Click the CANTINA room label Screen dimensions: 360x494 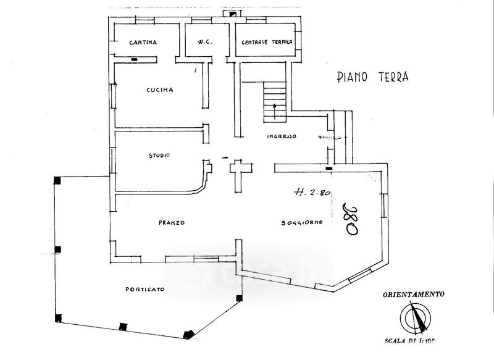[143, 43]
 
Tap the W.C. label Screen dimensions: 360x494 [205, 43]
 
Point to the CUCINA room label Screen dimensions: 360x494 [159, 90]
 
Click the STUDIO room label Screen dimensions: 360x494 [159, 155]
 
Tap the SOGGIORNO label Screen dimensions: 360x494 [301, 223]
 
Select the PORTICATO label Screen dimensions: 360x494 [144, 290]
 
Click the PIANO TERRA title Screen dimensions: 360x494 [373, 77]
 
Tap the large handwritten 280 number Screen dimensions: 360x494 [351, 217]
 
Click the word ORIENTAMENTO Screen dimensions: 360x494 [413, 295]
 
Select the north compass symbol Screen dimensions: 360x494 [414, 319]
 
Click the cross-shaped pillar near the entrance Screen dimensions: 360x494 [238, 173]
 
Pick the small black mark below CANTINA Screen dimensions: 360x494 [134, 59]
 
